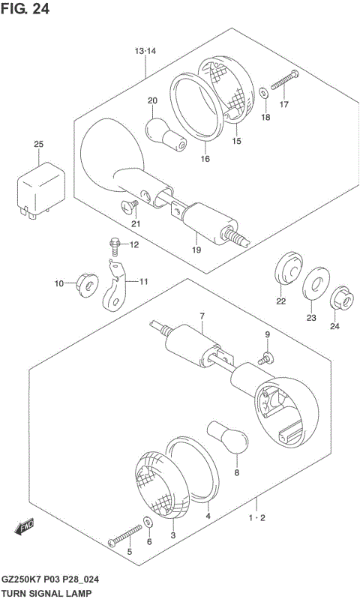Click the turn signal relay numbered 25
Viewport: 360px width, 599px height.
pyautogui.click(x=41, y=190)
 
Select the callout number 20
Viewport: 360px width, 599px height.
pyautogui.click(x=152, y=101)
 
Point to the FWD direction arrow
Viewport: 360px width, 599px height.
pyautogui.click(x=24, y=526)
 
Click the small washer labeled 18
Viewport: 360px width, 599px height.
pyautogui.click(x=264, y=92)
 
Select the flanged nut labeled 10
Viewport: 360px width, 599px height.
pyautogui.click(x=87, y=286)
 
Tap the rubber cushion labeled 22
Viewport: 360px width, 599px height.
pyautogui.click(x=289, y=268)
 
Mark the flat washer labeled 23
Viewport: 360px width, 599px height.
pyautogui.click(x=316, y=283)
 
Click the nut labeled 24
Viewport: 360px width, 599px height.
pyautogui.click(x=342, y=298)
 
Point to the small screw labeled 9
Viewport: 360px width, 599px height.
pyautogui.click(x=266, y=358)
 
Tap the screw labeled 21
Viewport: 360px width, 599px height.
pyautogui.click(x=130, y=206)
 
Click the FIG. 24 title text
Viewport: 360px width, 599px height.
pyautogui.click(x=25, y=8)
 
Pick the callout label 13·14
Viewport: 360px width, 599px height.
pyautogui.click(x=145, y=51)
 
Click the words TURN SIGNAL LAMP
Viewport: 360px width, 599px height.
pyautogui.click(x=46, y=593)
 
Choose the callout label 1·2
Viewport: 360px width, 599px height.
pyautogui.click(x=256, y=518)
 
